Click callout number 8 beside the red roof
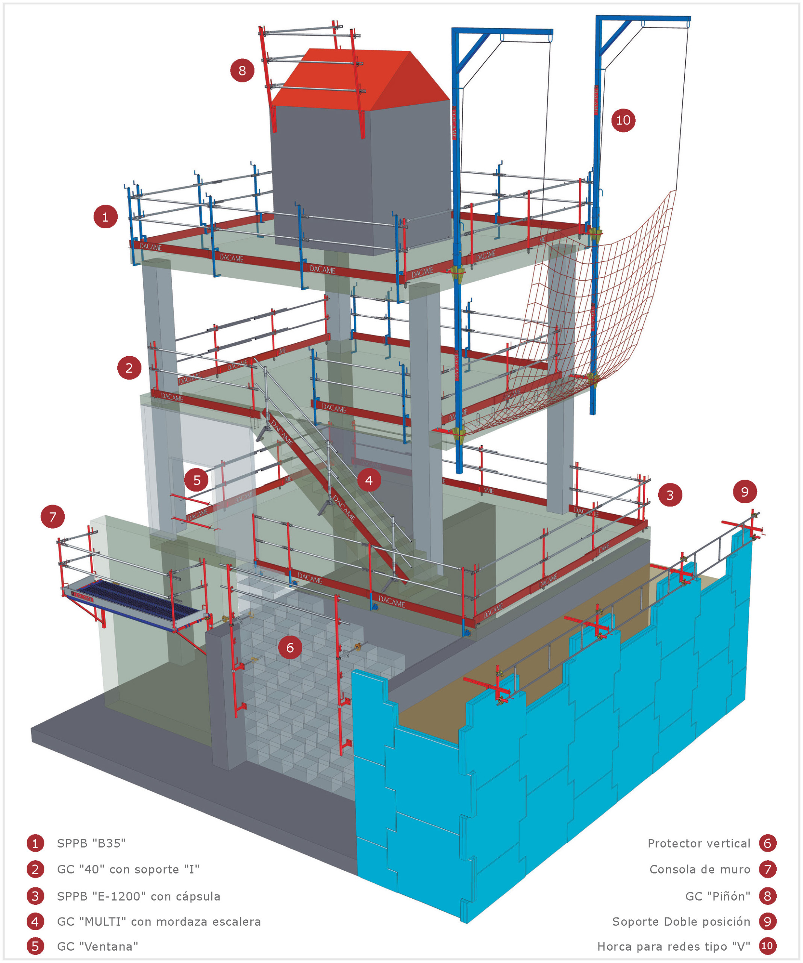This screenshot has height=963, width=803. [242, 71]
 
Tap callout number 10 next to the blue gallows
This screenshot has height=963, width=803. [623, 120]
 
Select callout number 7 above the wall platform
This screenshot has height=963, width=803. [53, 517]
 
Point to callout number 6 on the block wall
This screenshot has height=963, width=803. [290, 647]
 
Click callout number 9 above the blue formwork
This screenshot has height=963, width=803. [744, 492]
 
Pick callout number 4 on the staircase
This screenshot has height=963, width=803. [368, 480]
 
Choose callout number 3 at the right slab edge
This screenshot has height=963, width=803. [670, 495]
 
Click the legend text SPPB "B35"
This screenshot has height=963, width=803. [91, 843]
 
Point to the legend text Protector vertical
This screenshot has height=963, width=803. [698, 843]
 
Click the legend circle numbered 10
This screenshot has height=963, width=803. [767, 946]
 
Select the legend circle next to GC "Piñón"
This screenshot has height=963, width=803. [767, 896]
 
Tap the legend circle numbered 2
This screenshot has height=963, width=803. [35, 869]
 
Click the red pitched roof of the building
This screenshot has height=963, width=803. [358, 78]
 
